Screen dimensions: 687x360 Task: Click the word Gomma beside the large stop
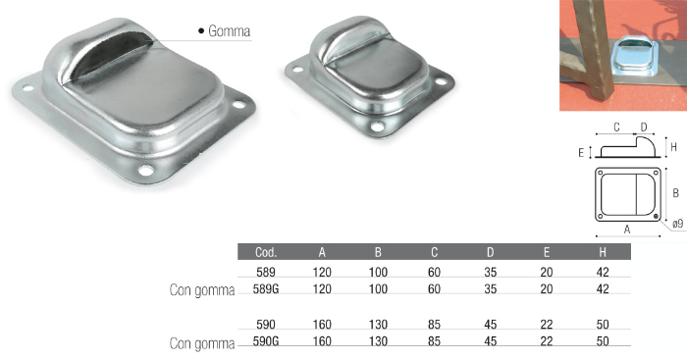click(x=229, y=31)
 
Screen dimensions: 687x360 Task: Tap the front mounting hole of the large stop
click(x=146, y=170)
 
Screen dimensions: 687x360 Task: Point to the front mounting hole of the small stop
click(x=377, y=127)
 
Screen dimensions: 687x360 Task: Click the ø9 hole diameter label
click(x=677, y=225)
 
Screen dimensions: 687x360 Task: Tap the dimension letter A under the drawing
click(x=627, y=230)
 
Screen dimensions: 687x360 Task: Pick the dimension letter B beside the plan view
click(x=675, y=192)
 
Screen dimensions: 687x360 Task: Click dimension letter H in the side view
click(x=674, y=147)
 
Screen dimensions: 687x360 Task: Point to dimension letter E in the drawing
click(x=581, y=153)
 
